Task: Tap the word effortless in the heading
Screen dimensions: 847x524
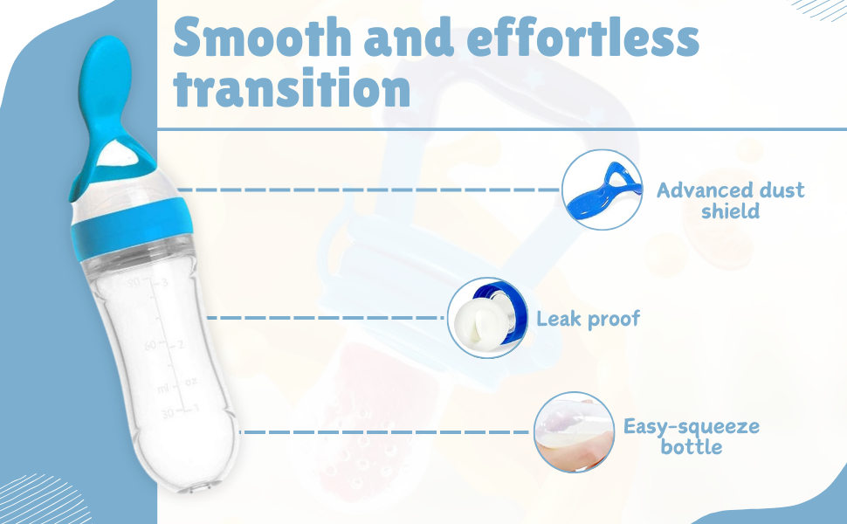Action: [x=583, y=38]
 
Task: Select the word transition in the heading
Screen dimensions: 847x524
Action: [x=293, y=88]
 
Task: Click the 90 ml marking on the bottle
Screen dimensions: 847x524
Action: [x=134, y=282]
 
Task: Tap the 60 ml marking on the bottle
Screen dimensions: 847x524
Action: [x=151, y=345]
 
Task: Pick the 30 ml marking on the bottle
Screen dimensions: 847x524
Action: [x=168, y=413]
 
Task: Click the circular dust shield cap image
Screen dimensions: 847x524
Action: [x=602, y=190]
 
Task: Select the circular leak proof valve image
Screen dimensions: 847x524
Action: [x=488, y=318]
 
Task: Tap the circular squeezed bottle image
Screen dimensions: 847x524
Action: [x=575, y=432]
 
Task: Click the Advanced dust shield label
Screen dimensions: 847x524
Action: [x=730, y=200]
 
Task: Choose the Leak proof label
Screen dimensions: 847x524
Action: [x=588, y=319]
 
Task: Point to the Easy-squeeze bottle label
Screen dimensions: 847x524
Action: [x=692, y=437]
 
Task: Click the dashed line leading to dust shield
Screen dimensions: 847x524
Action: [x=369, y=190]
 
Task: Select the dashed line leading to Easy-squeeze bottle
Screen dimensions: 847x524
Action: [x=384, y=432]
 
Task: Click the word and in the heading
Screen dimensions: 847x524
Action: [x=409, y=38]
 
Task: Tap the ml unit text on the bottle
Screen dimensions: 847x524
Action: [x=163, y=389]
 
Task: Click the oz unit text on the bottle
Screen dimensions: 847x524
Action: [x=191, y=382]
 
